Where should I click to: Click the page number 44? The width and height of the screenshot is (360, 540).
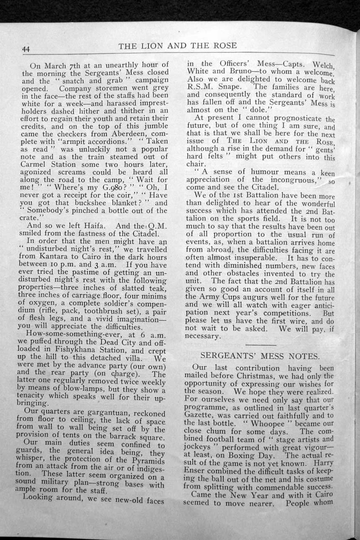tap(26, 49)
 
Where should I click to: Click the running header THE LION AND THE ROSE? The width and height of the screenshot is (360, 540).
tap(177, 46)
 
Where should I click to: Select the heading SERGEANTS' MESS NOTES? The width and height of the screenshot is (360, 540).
tap(260, 356)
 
